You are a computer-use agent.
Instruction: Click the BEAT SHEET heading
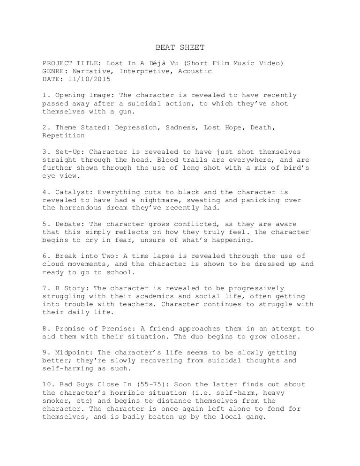pyautogui.click(x=180, y=47)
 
